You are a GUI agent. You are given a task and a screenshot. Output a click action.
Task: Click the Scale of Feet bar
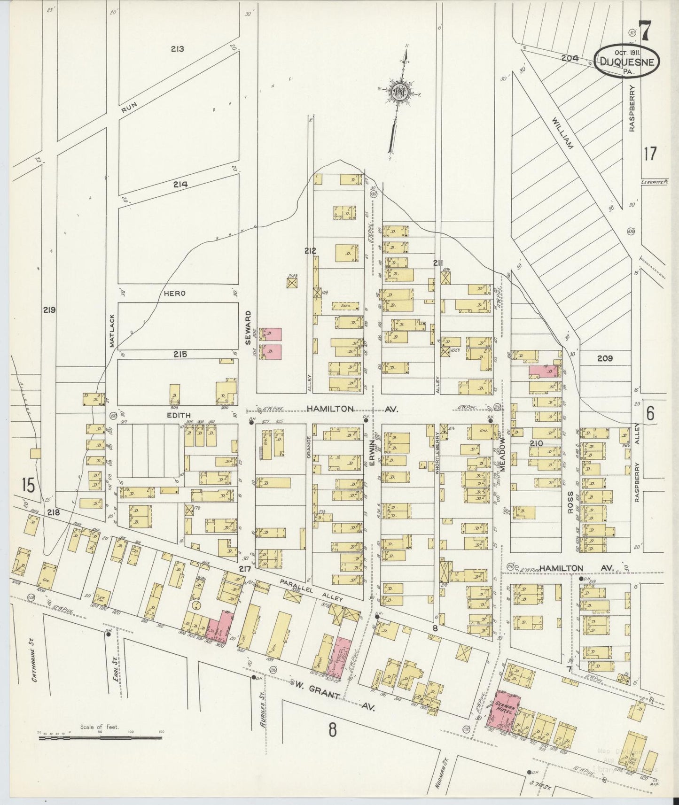click(100, 737)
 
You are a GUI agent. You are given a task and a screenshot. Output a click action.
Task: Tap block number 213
click(177, 49)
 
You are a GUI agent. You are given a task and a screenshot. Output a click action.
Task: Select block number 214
click(180, 185)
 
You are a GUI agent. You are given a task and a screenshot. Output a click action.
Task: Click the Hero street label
click(175, 293)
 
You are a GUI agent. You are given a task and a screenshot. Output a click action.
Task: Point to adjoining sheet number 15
click(28, 486)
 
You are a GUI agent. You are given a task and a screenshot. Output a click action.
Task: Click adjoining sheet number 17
click(650, 154)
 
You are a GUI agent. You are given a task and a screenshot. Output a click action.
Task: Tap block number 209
click(605, 358)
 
